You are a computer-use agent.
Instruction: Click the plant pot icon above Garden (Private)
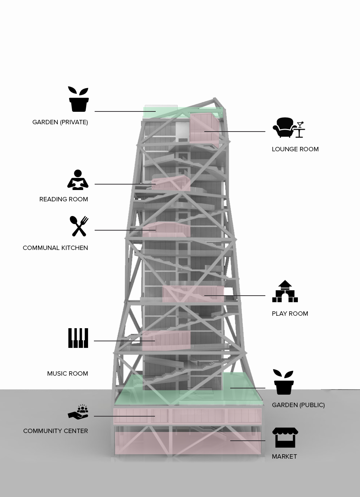pos(79,99)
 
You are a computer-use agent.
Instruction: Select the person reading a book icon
pos(78,180)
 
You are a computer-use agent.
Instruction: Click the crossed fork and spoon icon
pos(79,226)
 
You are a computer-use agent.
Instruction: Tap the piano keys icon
pos(78,338)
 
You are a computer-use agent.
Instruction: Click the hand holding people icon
pos(79,412)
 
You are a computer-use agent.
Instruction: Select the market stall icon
pos(285,437)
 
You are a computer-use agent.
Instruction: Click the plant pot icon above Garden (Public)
pos(284,382)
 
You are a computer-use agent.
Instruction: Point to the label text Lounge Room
pos(295,149)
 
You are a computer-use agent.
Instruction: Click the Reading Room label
pos(64,199)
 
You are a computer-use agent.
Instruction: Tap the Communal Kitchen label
pos(55,248)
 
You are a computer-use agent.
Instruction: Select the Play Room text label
pos(290,314)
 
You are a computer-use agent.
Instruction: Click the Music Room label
pos(68,373)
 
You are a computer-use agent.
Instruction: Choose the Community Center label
pos(56,431)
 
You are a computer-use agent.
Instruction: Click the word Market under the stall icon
pos(284,456)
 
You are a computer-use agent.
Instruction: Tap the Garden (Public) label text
pos(298,405)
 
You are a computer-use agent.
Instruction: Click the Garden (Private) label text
pos(60,122)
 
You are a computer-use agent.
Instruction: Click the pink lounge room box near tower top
pos(204,128)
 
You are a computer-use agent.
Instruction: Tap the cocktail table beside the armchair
pos(300,130)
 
